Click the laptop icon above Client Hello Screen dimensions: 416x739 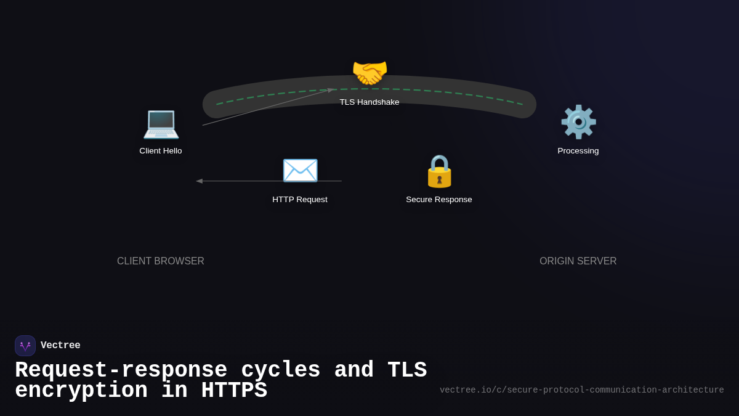click(x=161, y=123)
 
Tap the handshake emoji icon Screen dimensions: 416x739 click(x=369, y=73)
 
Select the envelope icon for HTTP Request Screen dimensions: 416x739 click(x=300, y=171)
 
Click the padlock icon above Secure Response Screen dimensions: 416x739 click(x=439, y=171)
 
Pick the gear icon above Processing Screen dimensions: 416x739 click(x=578, y=122)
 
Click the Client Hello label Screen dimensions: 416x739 click(x=161, y=151)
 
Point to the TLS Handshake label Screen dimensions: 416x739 click(x=369, y=102)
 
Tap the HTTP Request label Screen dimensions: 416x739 click(x=300, y=200)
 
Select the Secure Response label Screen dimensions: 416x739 click(x=439, y=200)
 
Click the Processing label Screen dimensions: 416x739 click(x=578, y=151)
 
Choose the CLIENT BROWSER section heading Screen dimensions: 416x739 click(x=161, y=261)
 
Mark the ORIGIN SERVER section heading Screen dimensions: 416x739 click(x=578, y=261)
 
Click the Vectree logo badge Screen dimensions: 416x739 click(x=25, y=346)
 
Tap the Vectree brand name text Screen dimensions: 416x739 click(x=60, y=346)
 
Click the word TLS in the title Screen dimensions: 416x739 click(x=407, y=370)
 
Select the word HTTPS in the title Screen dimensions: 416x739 click(x=234, y=391)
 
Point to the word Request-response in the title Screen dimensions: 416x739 click(x=121, y=370)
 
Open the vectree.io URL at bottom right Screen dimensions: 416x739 click(x=581, y=390)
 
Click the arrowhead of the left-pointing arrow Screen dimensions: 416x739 click(x=199, y=181)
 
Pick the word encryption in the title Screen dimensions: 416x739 click(x=81, y=391)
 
